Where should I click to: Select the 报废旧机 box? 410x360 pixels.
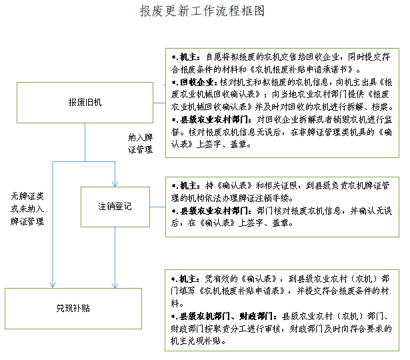coord(84,102)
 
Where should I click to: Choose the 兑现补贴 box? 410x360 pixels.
coord(73,308)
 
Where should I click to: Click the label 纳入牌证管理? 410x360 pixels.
coord(141,143)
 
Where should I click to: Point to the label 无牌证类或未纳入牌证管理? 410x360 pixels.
coord(27,209)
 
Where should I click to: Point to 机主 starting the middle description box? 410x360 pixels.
coord(189,185)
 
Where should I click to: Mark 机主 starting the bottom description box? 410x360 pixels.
coord(189,278)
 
